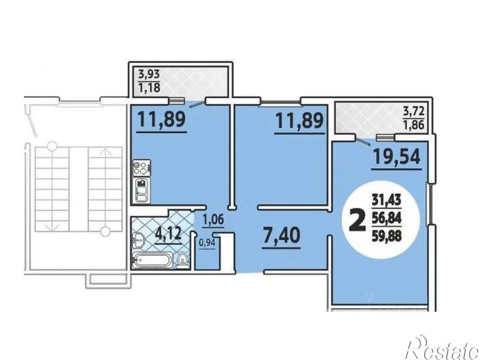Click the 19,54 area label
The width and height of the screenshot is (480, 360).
click(397, 157)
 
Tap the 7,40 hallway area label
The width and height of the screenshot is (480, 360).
click(281, 236)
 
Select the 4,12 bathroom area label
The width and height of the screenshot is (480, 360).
click(168, 234)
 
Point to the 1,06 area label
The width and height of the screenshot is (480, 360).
click(214, 219)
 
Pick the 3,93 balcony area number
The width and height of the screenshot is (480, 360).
click(149, 74)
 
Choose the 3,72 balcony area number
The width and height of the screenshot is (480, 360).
click(414, 111)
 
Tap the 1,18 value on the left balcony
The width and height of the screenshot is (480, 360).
click(149, 87)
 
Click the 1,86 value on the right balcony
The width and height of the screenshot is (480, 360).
click(414, 125)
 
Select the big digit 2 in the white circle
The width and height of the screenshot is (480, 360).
click(358, 220)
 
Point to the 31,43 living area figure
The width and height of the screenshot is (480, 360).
click(387, 200)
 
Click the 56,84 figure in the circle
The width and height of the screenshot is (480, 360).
click(387, 218)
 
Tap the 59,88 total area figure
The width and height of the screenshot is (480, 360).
click(387, 236)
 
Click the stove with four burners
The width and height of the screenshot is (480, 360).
click(142, 168)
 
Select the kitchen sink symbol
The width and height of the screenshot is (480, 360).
click(141, 191)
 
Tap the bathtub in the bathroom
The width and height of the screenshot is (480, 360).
click(152, 261)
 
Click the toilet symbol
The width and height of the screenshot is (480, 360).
click(183, 261)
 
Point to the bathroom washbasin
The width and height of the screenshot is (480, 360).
click(138, 240)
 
